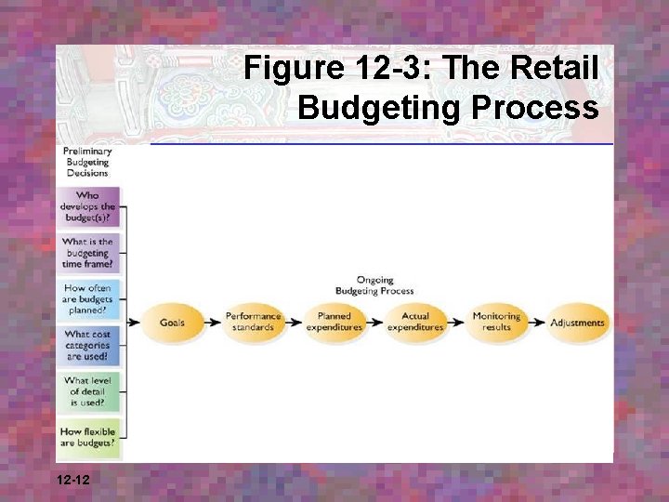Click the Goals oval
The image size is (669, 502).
click(171, 323)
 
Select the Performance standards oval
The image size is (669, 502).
click(253, 323)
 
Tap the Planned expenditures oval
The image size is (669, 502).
click(334, 323)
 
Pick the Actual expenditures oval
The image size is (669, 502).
click(415, 323)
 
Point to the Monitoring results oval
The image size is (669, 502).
click(496, 323)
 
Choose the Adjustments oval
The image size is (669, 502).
click(577, 323)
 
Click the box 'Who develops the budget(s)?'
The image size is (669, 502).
click(87, 207)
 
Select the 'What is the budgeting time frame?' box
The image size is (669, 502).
click(87, 253)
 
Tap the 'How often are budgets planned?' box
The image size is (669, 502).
click(87, 299)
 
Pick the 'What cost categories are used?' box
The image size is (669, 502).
click(87, 346)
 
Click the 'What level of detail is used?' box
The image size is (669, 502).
click(87, 391)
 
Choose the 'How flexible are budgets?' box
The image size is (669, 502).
click(87, 437)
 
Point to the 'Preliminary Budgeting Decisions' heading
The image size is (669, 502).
click(87, 162)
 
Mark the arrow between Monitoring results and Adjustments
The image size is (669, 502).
click(536, 323)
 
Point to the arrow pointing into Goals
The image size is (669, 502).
click(134, 323)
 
